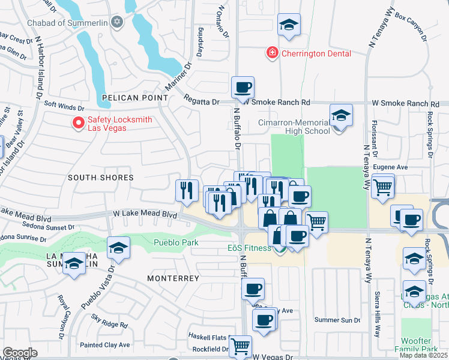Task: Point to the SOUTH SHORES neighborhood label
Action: pyautogui.click(x=100, y=178)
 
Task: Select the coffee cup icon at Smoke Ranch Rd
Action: pyautogui.click(x=243, y=88)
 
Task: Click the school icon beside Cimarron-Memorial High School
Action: pyautogui.click(x=340, y=115)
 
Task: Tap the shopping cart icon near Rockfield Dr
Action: pyautogui.click(x=240, y=346)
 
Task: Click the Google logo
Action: pyautogui.click(x=19, y=353)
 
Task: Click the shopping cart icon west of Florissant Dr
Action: pyautogui.click(x=382, y=186)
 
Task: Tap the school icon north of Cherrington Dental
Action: pyautogui.click(x=289, y=25)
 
